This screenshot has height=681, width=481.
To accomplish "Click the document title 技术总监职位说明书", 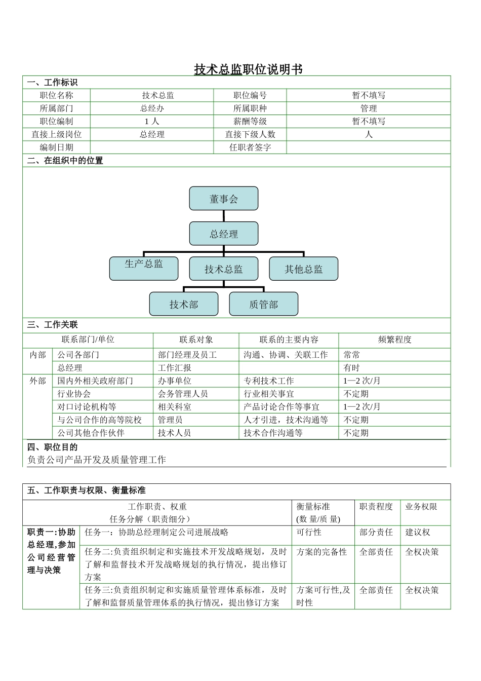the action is [248, 69].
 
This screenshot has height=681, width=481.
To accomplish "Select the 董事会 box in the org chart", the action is [224, 199].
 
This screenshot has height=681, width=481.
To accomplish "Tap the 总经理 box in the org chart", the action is [224, 234].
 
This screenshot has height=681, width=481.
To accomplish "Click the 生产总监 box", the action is [144, 269].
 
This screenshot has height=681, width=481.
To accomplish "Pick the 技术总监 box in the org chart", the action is [224, 269].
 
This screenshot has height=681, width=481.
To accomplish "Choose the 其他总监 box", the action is [303, 269].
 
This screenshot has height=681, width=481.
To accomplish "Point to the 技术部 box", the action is [184, 304].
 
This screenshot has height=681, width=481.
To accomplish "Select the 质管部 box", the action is [264, 304].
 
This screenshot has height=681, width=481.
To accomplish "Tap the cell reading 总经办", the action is [152, 108].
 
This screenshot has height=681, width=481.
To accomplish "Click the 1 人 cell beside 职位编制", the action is [152, 122].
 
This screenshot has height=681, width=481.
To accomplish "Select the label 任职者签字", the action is [250, 147].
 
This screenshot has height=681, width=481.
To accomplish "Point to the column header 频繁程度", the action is [394, 340].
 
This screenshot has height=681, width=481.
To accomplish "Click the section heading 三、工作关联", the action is [53, 325].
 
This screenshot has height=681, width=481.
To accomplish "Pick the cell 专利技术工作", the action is [268, 381].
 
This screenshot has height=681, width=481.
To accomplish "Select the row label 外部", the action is [37, 381].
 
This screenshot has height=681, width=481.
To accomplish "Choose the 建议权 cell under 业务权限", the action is [418, 533].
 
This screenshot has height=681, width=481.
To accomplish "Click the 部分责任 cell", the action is [376, 533].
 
